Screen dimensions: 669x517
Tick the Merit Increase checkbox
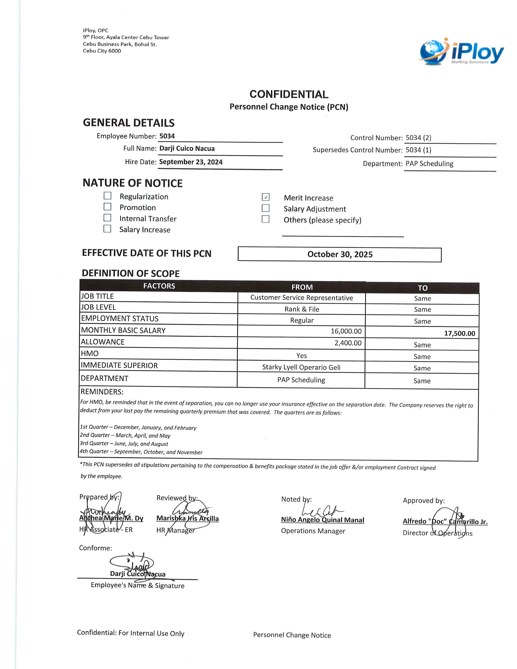pyautogui.click(x=266, y=197)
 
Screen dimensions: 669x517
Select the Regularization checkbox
pyautogui.click(x=107, y=196)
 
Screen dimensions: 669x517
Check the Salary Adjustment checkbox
pyautogui.click(x=266, y=208)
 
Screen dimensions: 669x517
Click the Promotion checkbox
pyautogui.click(x=107, y=207)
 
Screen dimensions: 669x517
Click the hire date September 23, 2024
pyautogui.click(x=191, y=162)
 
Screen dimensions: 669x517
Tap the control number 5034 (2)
pyautogui.click(x=418, y=138)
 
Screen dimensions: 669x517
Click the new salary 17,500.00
pyautogui.click(x=459, y=333)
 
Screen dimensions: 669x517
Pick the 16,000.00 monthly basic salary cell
pyautogui.click(x=346, y=331)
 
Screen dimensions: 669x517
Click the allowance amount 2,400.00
pyautogui.click(x=348, y=343)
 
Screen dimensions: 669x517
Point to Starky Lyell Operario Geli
pyautogui.click(x=301, y=367)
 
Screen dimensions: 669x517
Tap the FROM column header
pyautogui.click(x=302, y=287)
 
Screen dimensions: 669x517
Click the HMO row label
pyautogui.click(x=90, y=354)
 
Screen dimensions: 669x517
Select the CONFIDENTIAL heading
pyautogui.click(x=289, y=94)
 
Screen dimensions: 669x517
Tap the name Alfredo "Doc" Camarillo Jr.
pyautogui.click(x=445, y=521)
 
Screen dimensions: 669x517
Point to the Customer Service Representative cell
pyautogui.click(x=301, y=298)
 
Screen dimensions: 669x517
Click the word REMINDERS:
pyautogui.click(x=102, y=392)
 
